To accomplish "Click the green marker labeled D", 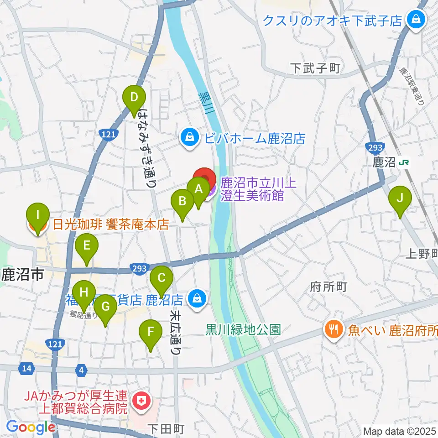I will point(134,98).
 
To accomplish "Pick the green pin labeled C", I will point(162,278).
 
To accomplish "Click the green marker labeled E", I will point(87,247).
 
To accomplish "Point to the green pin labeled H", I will point(83,292).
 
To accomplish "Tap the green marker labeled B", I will point(182,202).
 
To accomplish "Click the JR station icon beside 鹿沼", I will point(403,163).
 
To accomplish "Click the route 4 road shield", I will point(81,368).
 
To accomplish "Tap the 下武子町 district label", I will point(316,68).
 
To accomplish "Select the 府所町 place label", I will point(328,287).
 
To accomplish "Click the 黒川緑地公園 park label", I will point(243,329).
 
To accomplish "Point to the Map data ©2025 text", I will point(399,431).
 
